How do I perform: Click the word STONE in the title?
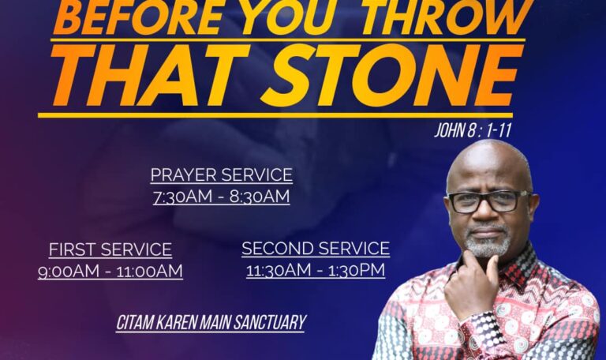pyautogui.click(x=391, y=75)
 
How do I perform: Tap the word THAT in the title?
pyautogui.click(x=150, y=75)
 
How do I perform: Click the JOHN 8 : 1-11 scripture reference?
pyautogui.click(x=473, y=131)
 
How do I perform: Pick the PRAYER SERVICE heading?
pyautogui.click(x=222, y=174)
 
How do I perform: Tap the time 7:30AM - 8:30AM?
pyautogui.click(x=222, y=197)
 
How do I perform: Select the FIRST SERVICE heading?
pyautogui.click(x=110, y=249)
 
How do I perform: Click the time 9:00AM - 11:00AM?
pyautogui.click(x=110, y=271)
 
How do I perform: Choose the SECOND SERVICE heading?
pyautogui.click(x=316, y=248)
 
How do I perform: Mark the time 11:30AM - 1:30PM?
pyautogui.click(x=316, y=270)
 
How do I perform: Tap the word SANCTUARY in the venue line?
pyautogui.click(x=270, y=323)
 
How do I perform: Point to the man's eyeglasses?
pyautogui.click(x=488, y=201)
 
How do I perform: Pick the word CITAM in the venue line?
pyautogui.click(x=135, y=323)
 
